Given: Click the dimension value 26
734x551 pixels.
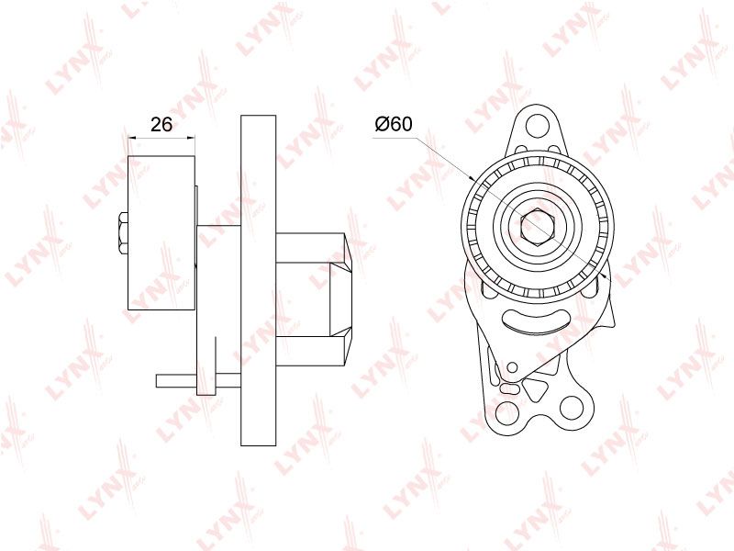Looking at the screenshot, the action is [161, 125].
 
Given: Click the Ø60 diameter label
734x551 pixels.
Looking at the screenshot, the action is [394, 124].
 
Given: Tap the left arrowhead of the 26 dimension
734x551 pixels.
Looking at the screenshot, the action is [131, 137].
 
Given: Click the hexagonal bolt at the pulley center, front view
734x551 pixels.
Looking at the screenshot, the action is [538, 227].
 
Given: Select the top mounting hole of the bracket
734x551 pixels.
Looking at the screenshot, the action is [538, 126].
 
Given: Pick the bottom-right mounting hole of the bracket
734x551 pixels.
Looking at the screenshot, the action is [571, 407].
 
